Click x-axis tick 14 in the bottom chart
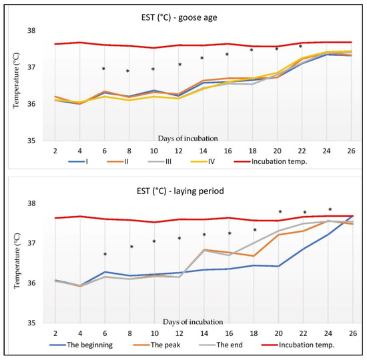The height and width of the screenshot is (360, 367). point(204,333)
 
